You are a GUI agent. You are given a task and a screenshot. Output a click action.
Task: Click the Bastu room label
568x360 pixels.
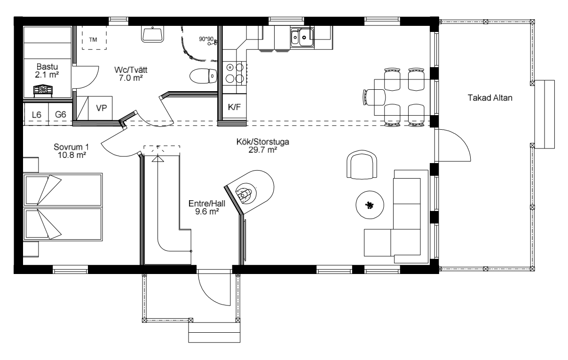(47, 66)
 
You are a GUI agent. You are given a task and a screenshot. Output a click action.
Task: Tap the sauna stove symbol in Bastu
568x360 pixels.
(43, 91)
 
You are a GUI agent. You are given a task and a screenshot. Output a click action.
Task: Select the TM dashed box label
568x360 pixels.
(93, 39)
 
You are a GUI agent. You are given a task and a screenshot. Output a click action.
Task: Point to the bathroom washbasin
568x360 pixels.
(152, 34)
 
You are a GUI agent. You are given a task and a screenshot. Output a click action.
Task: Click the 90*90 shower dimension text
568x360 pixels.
(206, 39)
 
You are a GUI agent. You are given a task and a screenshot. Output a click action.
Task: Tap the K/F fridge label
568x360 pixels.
(234, 107)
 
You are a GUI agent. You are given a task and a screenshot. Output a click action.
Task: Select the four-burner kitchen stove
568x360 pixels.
(235, 73)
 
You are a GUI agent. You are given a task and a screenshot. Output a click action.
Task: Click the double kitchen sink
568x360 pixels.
(302, 37)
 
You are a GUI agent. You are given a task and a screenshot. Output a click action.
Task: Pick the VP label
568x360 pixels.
(102, 108)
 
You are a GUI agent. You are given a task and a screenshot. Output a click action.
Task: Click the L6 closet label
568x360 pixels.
(37, 115)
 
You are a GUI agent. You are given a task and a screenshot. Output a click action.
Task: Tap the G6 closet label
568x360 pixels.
(61, 115)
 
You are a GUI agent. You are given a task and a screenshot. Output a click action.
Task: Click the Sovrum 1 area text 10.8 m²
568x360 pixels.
(72, 155)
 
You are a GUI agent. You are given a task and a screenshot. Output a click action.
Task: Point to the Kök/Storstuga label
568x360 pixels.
(263, 141)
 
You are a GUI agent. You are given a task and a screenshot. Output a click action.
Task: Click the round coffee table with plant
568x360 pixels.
(370, 205)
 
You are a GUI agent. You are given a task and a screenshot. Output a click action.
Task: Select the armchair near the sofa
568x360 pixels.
(362, 164)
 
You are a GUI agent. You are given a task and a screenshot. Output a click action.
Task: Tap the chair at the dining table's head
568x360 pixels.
(374, 97)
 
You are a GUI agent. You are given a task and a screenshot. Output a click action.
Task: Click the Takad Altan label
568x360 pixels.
(490, 98)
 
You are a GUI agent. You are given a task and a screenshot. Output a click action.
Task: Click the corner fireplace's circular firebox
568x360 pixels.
(246, 194)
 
